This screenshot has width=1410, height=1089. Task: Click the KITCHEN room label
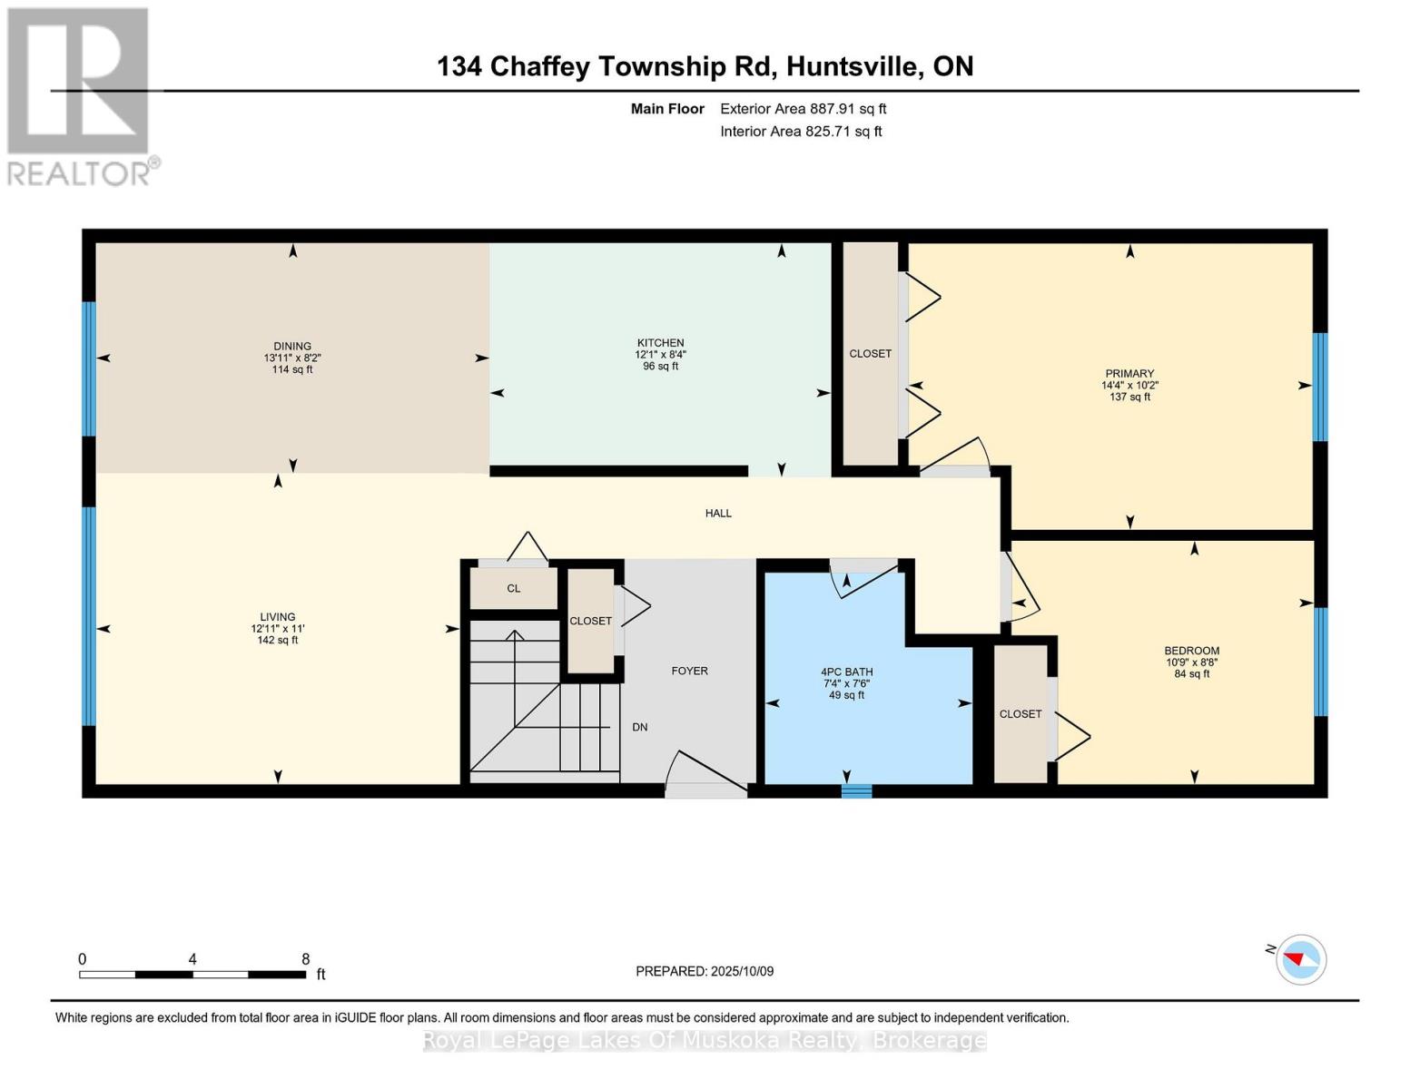[660, 343]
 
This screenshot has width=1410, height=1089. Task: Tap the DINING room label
[292, 346]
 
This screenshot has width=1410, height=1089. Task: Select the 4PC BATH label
[846, 672]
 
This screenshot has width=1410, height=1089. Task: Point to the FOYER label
[689, 671]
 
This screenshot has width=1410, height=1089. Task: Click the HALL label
[718, 513]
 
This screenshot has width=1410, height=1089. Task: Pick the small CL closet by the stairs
[513, 588]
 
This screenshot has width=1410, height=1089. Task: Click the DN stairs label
[639, 727]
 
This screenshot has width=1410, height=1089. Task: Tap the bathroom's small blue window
[855, 790]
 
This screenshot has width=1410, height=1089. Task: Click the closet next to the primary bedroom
[870, 353]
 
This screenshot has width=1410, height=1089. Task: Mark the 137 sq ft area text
[1129, 397]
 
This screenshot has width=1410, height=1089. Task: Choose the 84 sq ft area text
[1191, 673]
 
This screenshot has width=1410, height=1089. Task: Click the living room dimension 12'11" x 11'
[278, 628]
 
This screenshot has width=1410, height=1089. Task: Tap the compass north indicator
[1301, 959]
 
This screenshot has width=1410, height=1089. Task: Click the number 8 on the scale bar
[306, 959]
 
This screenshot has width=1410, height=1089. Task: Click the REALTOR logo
[79, 95]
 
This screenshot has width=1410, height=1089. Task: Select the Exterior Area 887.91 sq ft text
[803, 109]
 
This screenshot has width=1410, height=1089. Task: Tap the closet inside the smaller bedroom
[1021, 713]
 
